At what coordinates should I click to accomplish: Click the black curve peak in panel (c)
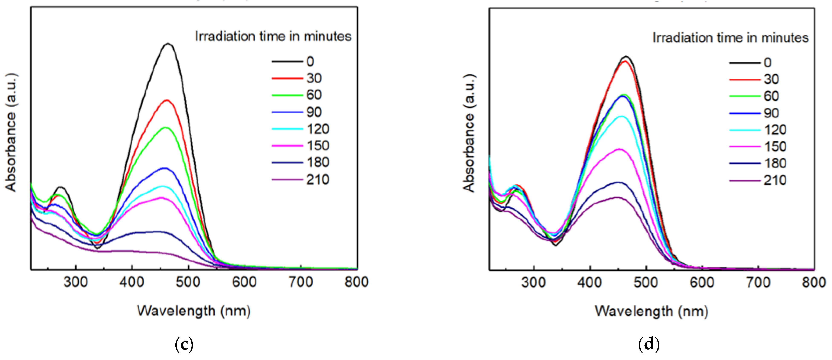tap(168, 44)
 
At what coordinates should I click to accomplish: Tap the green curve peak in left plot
tap(166, 128)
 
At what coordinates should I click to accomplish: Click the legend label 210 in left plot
tap(318, 180)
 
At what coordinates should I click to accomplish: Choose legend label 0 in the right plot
tap(768, 62)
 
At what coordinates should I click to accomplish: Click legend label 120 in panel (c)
tap(318, 129)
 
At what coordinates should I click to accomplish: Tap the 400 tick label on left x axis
tap(132, 282)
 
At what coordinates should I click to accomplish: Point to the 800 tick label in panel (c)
tap(357, 282)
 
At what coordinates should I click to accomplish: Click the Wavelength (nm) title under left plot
tap(194, 311)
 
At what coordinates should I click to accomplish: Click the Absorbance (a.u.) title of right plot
tap(469, 133)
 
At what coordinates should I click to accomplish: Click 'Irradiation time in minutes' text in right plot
tap(730, 38)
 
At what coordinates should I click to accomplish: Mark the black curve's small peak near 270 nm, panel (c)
tap(60, 187)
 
